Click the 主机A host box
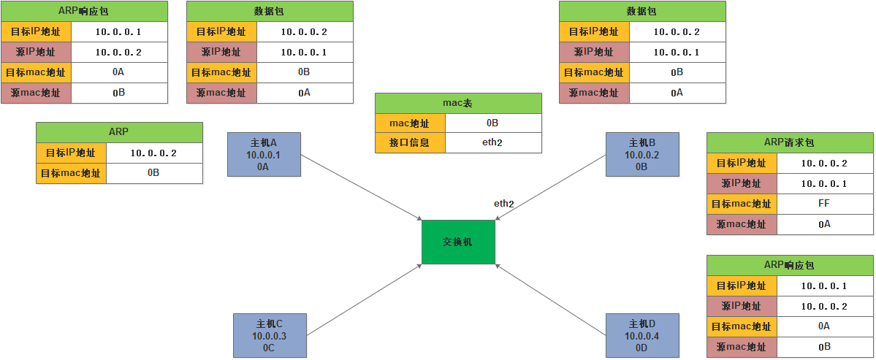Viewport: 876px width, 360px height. [x=264, y=154]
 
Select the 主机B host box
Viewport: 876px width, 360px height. [x=642, y=154]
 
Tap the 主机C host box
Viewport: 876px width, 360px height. [x=270, y=335]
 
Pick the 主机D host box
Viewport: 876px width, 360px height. [x=642, y=335]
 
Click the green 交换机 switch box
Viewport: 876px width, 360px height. [x=458, y=242]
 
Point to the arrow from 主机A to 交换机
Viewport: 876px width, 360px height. [x=361, y=186]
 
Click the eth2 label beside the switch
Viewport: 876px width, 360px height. [x=504, y=204]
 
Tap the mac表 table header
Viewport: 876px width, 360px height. [x=458, y=103]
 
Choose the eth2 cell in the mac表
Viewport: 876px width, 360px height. [x=492, y=142]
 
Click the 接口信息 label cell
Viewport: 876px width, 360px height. [x=410, y=142]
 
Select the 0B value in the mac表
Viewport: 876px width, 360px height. [x=492, y=123]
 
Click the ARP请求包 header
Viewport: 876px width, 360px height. [x=790, y=142]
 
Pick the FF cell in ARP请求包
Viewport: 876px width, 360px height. [x=825, y=204]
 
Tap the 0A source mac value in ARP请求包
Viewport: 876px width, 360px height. [x=825, y=224]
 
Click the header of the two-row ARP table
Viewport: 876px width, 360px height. [x=119, y=132]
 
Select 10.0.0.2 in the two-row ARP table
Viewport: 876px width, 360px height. [x=153, y=153]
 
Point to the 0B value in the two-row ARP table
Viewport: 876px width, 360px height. [x=153, y=173]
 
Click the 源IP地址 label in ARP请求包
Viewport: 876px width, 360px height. [x=742, y=183]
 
